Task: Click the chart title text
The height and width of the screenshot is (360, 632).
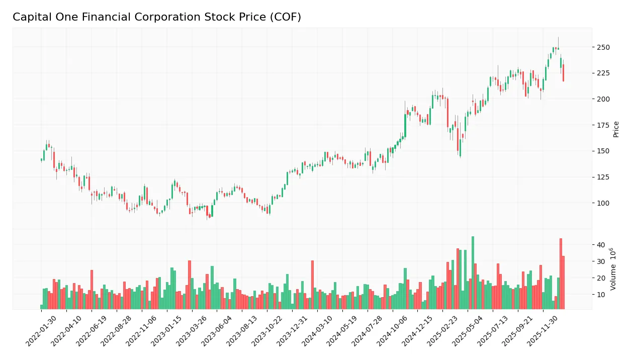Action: click(156, 17)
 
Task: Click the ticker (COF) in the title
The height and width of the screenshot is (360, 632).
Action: click(285, 17)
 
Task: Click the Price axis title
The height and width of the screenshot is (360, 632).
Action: click(616, 129)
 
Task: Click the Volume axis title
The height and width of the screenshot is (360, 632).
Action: click(613, 268)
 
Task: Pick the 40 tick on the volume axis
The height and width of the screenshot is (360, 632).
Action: click(600, 245)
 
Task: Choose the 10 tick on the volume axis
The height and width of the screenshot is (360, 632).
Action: click(600, 295)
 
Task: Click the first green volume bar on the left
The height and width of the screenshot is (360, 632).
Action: click(41, 307)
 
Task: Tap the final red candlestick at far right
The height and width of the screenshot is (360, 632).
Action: click(563, 73)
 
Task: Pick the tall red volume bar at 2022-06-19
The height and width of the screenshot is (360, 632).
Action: click(92, 290)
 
